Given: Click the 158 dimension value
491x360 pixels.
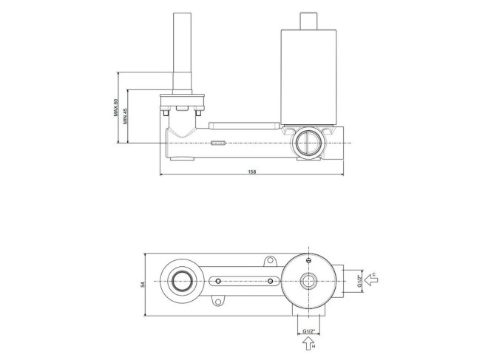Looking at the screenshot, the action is (251, 171).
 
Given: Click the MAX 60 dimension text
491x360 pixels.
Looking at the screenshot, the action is (115, 108).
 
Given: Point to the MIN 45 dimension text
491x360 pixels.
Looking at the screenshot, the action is (125, 116).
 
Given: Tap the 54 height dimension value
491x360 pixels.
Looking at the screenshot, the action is (143, 285).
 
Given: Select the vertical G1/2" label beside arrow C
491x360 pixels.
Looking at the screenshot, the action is (359, 281).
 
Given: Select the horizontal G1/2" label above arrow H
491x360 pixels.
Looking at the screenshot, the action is (308, 331).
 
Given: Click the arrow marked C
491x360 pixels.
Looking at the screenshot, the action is (371, 279).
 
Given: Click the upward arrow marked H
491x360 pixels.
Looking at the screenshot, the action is (308, 344).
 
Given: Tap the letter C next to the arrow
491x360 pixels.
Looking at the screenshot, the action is (373, 274).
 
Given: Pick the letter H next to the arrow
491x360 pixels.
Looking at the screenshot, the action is (314, 347).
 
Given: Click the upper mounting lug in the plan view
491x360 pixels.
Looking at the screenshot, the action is (270, 261).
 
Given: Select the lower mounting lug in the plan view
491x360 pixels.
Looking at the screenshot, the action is (218, 301).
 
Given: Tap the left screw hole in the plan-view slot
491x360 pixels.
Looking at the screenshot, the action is (218, 281).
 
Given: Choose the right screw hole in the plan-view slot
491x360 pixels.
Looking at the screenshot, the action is (270, 281).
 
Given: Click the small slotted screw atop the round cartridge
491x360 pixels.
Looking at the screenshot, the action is (309, 259).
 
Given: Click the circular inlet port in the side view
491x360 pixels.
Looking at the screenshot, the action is (308, 143).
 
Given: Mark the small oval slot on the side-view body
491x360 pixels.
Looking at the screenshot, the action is (218, 143).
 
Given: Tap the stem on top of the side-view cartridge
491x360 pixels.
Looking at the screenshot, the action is (309, 21).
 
